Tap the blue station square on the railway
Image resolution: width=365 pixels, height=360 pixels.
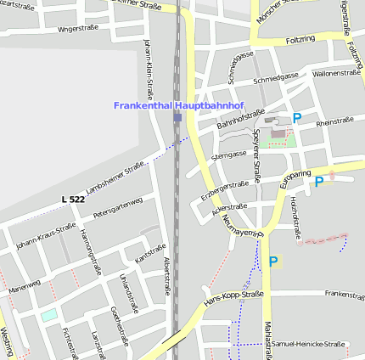[177, 117]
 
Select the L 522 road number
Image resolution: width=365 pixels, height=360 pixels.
[73, 199]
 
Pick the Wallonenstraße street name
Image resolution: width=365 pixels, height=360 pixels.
[337, 73]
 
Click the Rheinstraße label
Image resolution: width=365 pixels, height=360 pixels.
[334, 123]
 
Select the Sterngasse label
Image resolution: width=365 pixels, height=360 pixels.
[228, 156]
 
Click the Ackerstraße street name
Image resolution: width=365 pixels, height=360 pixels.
[229, 206]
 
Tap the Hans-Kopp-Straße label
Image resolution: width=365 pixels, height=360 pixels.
[234, 298]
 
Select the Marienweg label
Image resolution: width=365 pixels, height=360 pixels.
[24, 287]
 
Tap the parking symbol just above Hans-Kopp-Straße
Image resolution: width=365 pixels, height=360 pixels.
[273, 262]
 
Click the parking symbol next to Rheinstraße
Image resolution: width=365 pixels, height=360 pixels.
[297, 119]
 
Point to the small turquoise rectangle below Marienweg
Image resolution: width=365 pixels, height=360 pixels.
[50, 315]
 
